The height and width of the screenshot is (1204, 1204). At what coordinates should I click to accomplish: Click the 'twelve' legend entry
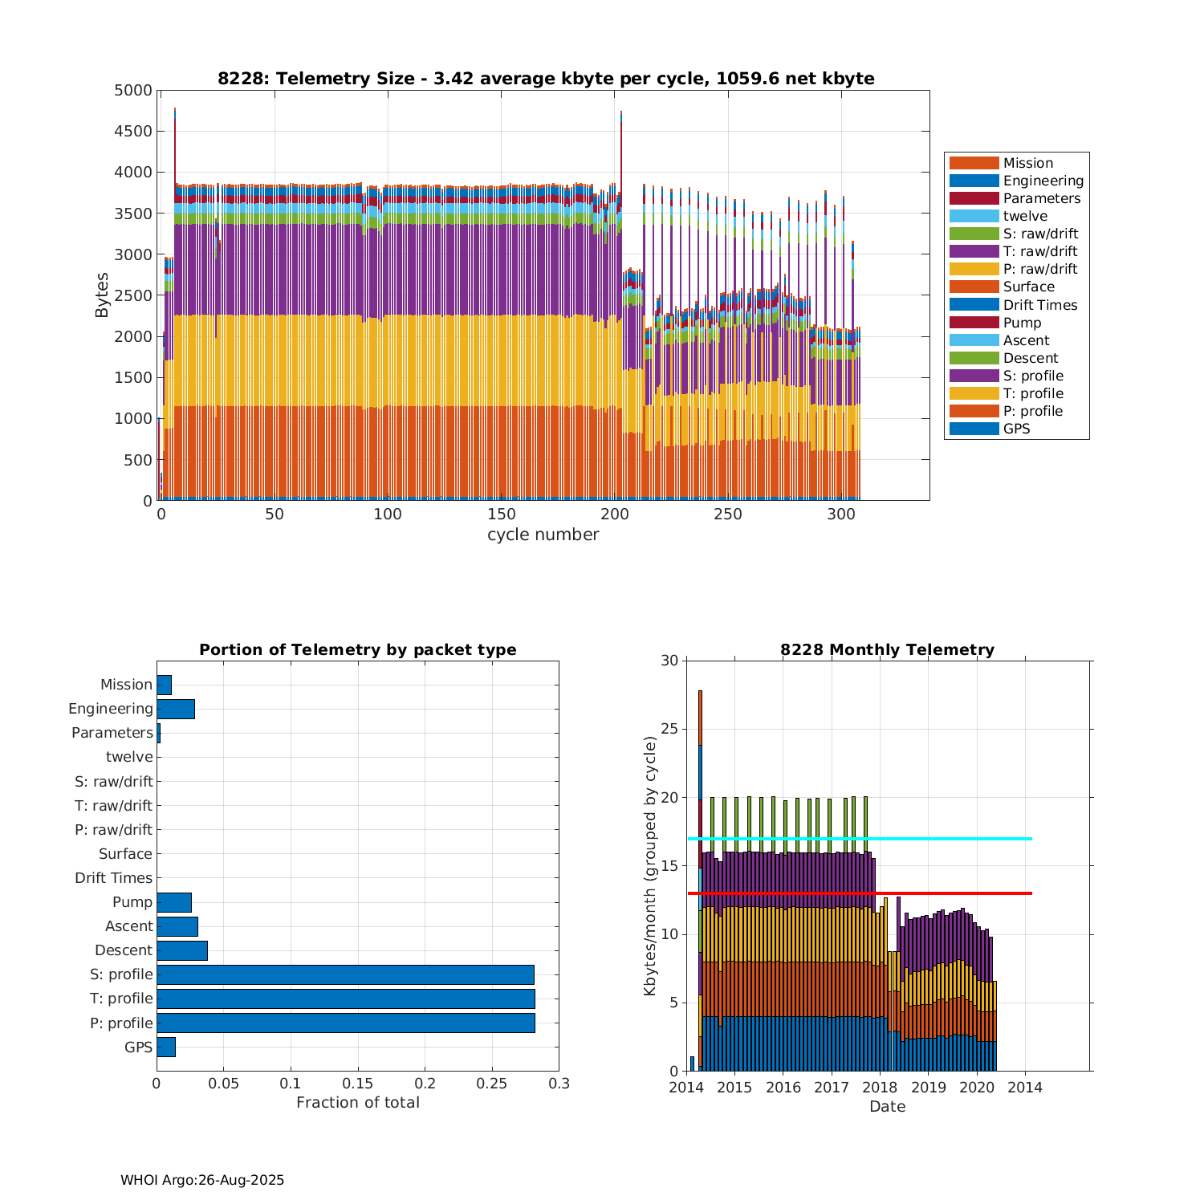tap(1025, 216)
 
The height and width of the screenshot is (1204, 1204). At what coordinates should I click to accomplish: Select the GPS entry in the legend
tap(1016, 429)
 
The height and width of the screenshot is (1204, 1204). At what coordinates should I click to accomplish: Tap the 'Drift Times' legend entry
tap(1039, 305)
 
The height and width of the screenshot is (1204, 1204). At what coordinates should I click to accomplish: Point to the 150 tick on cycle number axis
tap(501, 515)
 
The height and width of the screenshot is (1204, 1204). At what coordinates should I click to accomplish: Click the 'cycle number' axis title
tap(543, 535)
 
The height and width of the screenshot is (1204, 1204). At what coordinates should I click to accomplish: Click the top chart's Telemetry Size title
tap(546, 79)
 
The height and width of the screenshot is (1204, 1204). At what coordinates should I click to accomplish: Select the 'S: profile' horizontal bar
tap(345, 974)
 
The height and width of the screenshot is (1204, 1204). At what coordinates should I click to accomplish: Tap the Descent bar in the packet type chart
tap(182, 950)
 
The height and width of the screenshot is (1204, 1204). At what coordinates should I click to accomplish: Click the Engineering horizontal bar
tap(176, 709)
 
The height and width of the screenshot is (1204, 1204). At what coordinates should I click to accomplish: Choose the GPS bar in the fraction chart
tap(166, 1047)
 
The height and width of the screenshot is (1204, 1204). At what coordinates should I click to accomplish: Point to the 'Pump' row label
tap(132, 902)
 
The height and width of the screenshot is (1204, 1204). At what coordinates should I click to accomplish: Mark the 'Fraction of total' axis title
tap(358, 1103)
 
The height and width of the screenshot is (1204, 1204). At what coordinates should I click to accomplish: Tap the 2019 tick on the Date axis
tap(929, 1088)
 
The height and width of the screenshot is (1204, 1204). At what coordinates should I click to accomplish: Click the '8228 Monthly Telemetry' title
tap(887, 650)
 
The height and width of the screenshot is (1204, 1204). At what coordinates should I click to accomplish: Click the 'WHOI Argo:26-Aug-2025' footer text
tap(202, 1180)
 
